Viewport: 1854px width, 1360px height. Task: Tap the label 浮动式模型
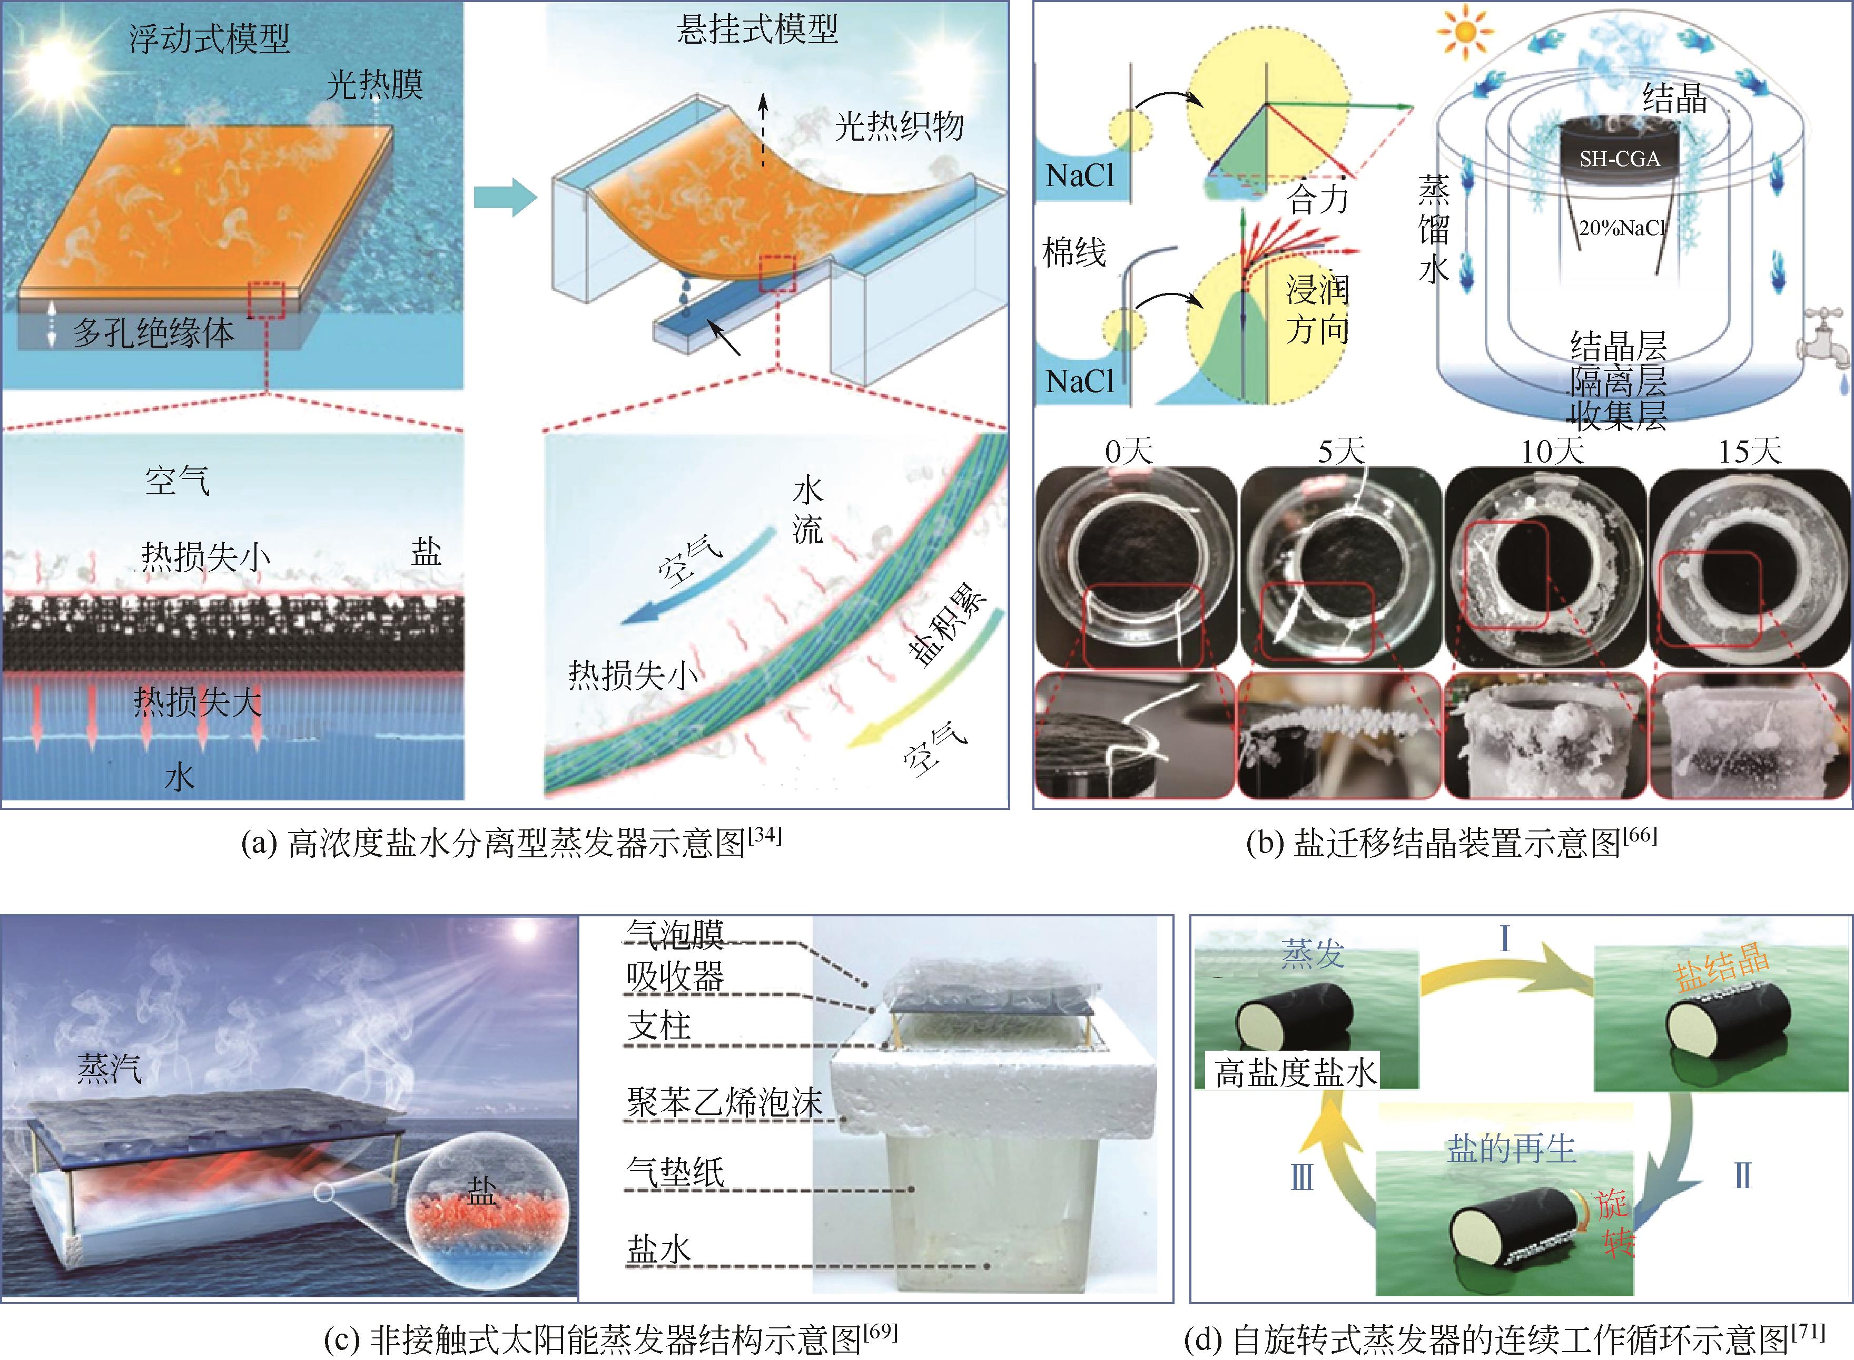tap(210, 38)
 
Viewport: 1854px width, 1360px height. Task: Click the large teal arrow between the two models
tap(505, 198)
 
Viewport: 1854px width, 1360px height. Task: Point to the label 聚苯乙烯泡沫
tap(724, 1103)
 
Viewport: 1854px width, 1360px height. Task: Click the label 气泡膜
tap(675, 934)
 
